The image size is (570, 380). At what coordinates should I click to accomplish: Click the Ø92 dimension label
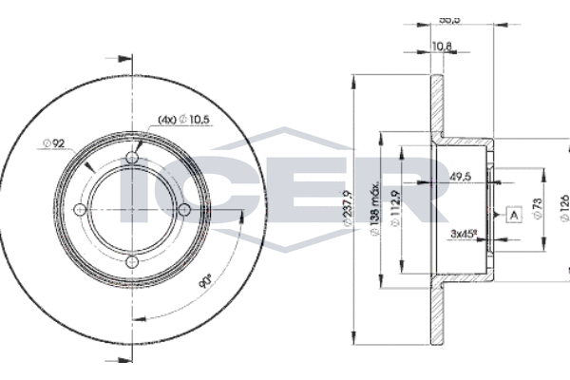click(x=53, y=143)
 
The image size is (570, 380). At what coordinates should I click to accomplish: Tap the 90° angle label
click(x=205, y=281)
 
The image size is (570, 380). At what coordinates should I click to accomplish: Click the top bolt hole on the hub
click(x=132, y=159)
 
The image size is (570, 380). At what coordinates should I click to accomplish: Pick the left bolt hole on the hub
click(x=81, y=209)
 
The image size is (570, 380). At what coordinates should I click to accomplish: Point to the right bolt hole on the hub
click(x=183, y=209)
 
